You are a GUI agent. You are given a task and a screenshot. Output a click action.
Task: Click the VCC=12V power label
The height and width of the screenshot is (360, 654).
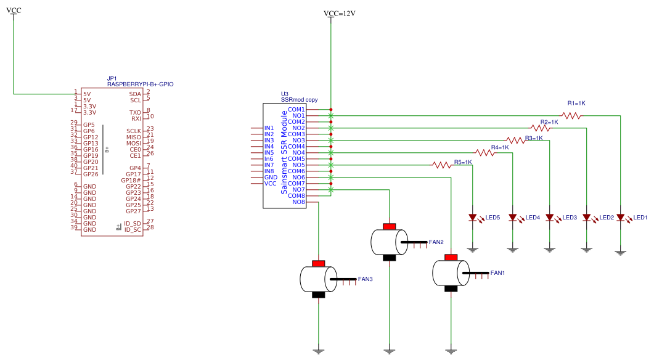tap(340, 14)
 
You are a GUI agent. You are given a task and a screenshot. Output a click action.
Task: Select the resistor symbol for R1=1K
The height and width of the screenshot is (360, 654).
tap(571, 115)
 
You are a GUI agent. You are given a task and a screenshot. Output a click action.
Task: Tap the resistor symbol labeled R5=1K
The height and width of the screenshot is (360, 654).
tap(442, 165)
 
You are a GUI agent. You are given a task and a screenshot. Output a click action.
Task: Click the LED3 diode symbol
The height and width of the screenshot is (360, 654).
tap(550, 218)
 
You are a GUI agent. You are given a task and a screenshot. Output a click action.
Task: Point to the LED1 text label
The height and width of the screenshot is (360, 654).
tap(640, 218)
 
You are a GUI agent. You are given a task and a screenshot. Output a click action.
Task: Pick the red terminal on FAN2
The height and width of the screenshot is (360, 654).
tap(389, 226)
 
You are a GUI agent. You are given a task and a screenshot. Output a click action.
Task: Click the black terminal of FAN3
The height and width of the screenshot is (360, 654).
tap(318, 295)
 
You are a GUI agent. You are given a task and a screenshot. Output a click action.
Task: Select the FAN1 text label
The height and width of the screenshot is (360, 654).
tap(497, 273)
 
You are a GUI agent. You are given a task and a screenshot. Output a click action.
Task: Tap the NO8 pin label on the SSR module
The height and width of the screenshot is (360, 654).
tap(298, 202)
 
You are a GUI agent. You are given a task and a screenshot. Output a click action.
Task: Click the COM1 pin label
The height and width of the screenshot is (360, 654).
tap(296, 109)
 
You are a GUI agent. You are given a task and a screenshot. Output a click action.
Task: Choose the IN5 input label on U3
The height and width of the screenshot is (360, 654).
tap(269, 153)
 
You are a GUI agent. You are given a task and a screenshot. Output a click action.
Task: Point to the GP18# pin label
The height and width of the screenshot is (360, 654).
tap(131, 180)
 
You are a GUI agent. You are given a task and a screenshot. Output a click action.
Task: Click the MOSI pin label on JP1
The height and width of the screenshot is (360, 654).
tap(134, 143)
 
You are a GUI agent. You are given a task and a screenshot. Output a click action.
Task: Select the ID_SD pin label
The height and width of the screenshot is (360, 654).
tap(133, 224)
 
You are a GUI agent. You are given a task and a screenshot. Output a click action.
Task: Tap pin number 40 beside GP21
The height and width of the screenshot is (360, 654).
tap(74, 166)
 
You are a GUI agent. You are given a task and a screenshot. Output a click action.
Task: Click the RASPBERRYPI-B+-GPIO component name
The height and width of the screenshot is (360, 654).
tap(140, 84)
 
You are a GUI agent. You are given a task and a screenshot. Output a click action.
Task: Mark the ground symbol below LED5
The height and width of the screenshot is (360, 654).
tap(473, 250)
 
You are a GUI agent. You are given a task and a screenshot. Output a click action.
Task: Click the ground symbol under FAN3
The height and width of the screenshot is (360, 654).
tap(318, 351)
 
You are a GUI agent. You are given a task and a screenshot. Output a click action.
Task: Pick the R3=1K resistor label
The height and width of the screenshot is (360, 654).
tap(534, 138)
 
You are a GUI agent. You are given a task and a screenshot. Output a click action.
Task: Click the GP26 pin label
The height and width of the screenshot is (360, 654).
tap(91, 174)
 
